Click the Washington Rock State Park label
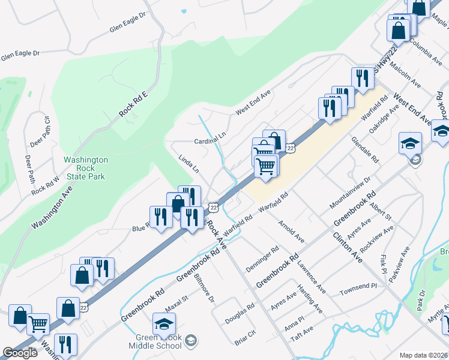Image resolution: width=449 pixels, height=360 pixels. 86,169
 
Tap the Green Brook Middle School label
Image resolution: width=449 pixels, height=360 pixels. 155,341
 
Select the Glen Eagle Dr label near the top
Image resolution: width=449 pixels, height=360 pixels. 128,23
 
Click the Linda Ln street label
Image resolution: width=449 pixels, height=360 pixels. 188,164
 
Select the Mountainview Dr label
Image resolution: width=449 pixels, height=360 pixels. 351,193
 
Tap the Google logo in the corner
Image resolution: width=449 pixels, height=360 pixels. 20,353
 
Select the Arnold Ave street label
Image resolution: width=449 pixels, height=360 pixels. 291,232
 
